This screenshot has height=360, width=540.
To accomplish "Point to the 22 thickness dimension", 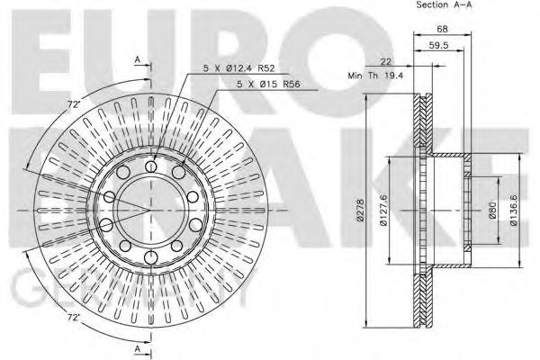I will click(384, 61).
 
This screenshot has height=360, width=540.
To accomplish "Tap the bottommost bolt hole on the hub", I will click(150, 258).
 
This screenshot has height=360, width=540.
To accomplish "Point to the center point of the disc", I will click(150, 211).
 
